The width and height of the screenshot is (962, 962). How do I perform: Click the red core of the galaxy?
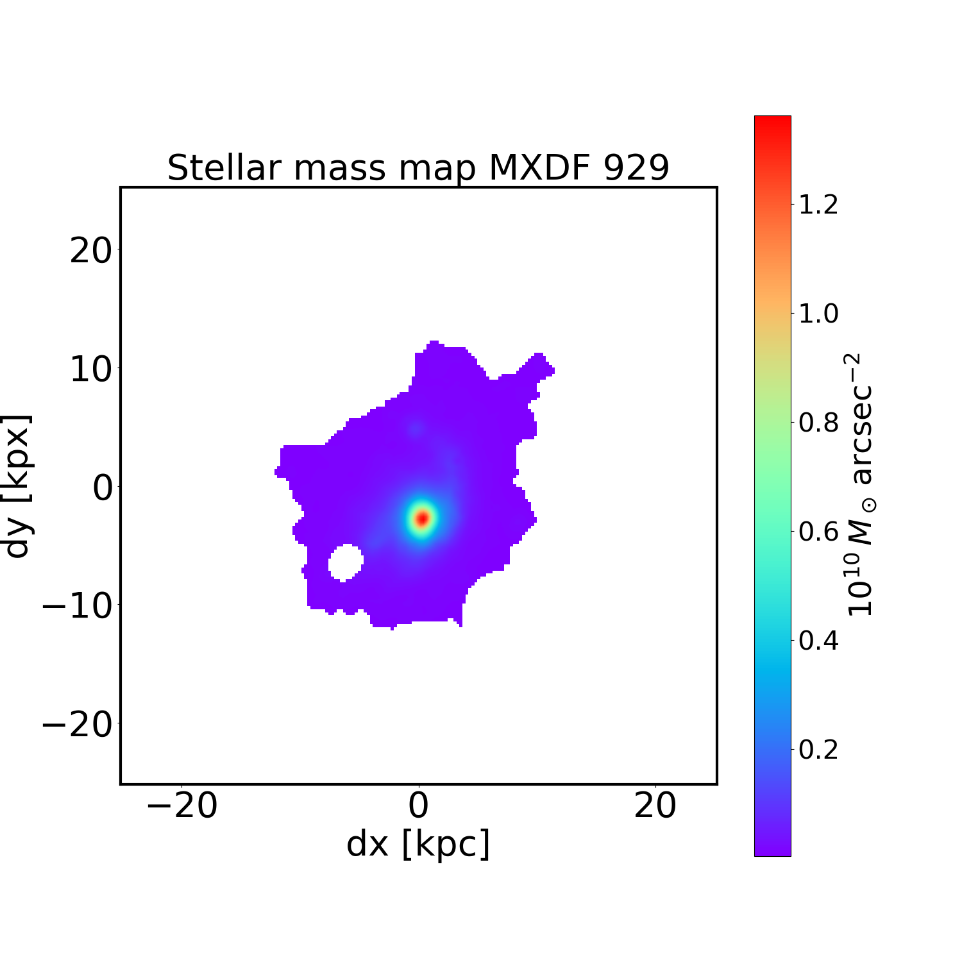pyautogui.click(x=422, y=518)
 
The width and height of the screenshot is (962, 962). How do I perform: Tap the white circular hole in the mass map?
pyautogui.click(x=346, y=562)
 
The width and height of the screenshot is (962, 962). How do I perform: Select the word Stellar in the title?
pyautogui.click(x=224, y=168)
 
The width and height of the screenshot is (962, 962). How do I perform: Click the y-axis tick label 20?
pyautogui.click(x=91, y=251)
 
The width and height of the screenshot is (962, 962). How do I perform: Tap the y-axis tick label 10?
pyautogui.click(x=91, y=369)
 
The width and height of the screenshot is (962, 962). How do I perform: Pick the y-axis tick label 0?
pyautogui.click(x=103, y=488)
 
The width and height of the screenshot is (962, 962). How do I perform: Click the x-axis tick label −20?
pyautogui.click(x=182, y=806)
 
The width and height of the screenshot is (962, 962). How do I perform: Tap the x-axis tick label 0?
pyautogui.click(x=419, y=806)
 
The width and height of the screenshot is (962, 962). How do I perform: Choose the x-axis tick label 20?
pyautogui.click(x=655, y=806)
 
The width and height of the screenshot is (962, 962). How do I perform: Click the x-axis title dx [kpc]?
pyautogui.click(x=418, y=844)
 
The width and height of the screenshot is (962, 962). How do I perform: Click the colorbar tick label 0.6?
pyautogui.click(x=818, y=531)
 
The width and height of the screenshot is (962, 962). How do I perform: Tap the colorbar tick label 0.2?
pyautogui.click(x=818, y=748)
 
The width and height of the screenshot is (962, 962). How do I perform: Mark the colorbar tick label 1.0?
pyautogui.click(x=818, y=314)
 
